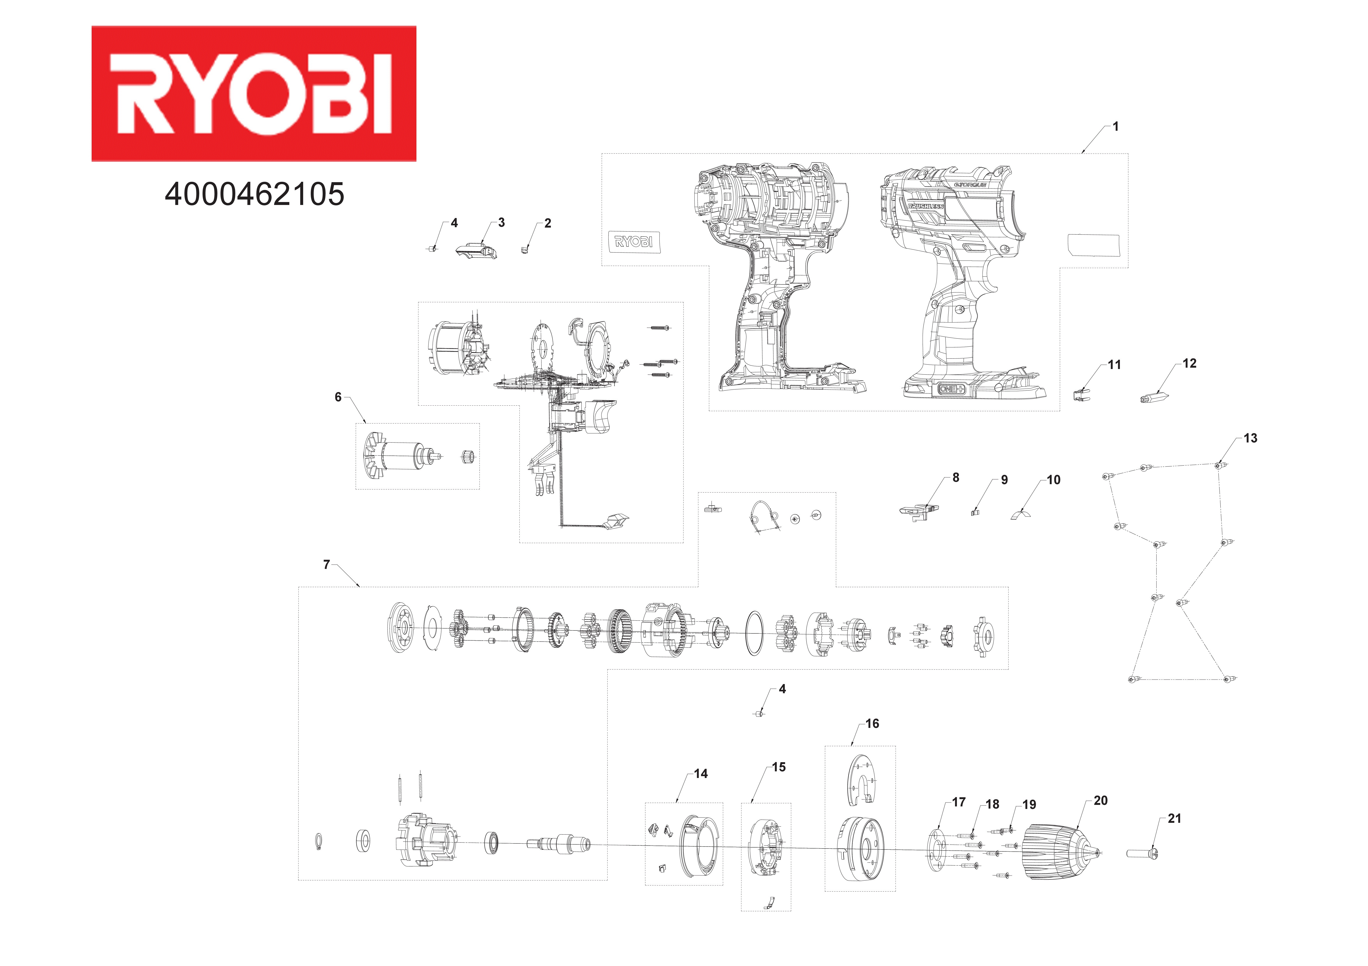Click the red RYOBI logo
coord(254,94)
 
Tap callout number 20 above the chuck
coord(1101,801)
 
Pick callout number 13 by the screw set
coord(1250,438)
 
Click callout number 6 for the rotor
coord(338,397)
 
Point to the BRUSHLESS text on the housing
coord(925,206)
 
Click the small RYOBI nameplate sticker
coord(633,242)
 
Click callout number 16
coord(872,724)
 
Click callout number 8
coord(956,478)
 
